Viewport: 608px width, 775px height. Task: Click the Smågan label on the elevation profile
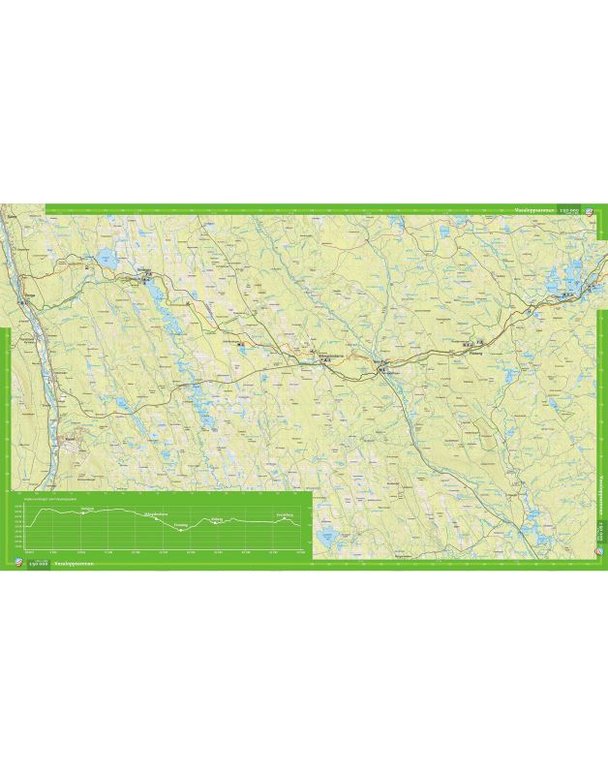[88, 508]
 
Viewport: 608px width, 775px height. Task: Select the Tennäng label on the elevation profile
[180, 524]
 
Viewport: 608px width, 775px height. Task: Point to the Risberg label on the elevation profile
[217, 518]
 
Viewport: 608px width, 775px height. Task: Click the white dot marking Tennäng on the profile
[181, 530]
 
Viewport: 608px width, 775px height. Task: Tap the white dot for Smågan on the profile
[85, 513]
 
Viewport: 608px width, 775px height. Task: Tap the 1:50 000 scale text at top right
[564, 209]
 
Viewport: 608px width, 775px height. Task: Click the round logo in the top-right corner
[587, 209]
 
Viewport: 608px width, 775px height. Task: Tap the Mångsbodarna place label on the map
[318, 356]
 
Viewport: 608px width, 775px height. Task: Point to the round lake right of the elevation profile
[327, 533]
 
